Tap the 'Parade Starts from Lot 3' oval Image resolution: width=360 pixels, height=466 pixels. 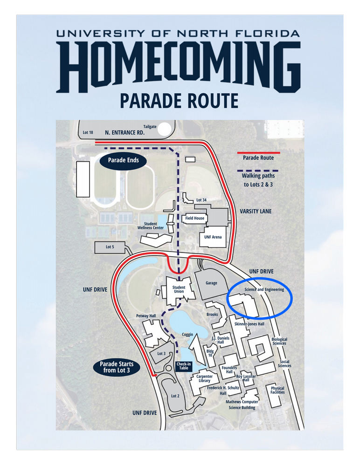117,367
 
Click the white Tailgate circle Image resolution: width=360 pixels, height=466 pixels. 164,129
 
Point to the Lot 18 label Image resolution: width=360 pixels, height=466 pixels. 88,132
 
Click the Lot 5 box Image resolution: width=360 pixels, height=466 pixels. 110,247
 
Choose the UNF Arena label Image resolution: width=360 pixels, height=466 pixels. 213,237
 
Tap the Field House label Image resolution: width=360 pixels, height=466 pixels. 195,218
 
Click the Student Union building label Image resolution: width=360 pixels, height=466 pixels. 179,289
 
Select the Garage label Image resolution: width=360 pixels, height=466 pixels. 211,283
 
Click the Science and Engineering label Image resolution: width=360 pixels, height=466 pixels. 264,289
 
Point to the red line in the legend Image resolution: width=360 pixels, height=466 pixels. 258,152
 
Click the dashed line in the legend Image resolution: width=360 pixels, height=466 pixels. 258,170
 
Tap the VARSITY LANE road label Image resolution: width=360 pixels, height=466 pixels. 256,211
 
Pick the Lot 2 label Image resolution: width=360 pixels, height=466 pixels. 175,396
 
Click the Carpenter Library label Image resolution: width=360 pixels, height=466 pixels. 204,378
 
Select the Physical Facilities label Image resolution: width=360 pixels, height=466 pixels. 277,390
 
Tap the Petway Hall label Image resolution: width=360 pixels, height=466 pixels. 146,316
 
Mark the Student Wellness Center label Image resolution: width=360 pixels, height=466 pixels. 150,226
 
